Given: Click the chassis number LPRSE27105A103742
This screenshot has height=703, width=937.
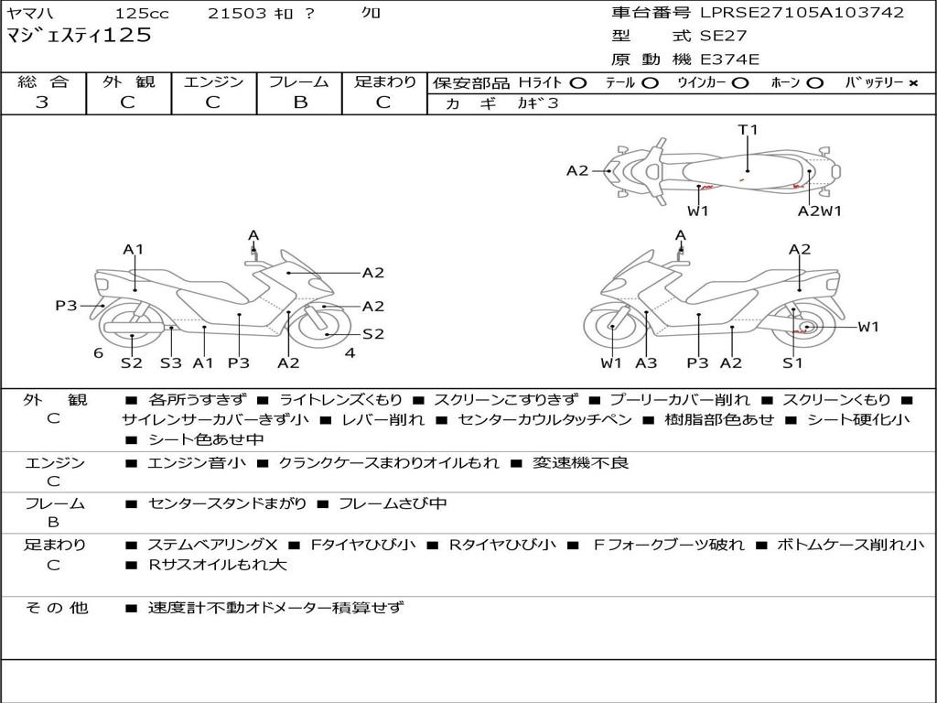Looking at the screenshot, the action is [802, 13].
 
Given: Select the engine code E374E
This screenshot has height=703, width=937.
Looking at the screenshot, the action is [730, 59].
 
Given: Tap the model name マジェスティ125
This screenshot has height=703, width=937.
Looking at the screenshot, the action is [79, 37].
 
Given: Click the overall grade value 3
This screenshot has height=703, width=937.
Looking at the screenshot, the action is [42, 103].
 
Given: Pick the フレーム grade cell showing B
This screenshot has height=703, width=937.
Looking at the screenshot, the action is [299, 103].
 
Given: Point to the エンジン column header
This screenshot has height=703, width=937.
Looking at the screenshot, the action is [213, 81].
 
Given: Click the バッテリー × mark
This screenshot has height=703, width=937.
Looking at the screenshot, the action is [912, 82].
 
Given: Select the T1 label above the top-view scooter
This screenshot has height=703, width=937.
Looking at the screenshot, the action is [749, 130].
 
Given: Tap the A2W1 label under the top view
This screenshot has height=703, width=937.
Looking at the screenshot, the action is [819, 211].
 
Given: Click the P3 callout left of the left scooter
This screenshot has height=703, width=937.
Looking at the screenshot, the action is [66, 306].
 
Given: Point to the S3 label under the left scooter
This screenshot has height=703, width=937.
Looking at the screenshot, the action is [171, 362].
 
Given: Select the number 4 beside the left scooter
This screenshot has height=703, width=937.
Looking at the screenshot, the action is [350, 353].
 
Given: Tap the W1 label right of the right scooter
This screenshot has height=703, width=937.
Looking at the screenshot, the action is [867, 327].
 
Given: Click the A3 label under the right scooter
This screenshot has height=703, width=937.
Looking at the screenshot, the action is [646, 362].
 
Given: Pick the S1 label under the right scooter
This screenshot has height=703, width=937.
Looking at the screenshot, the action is [792, 362].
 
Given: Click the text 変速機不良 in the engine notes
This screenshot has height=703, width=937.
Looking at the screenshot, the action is [583, 463].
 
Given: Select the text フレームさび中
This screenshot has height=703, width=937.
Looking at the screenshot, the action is [393, 503].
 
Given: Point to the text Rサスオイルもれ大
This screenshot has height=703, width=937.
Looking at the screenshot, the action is [218, 565].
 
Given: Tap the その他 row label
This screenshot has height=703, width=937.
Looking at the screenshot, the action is [57, 608].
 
